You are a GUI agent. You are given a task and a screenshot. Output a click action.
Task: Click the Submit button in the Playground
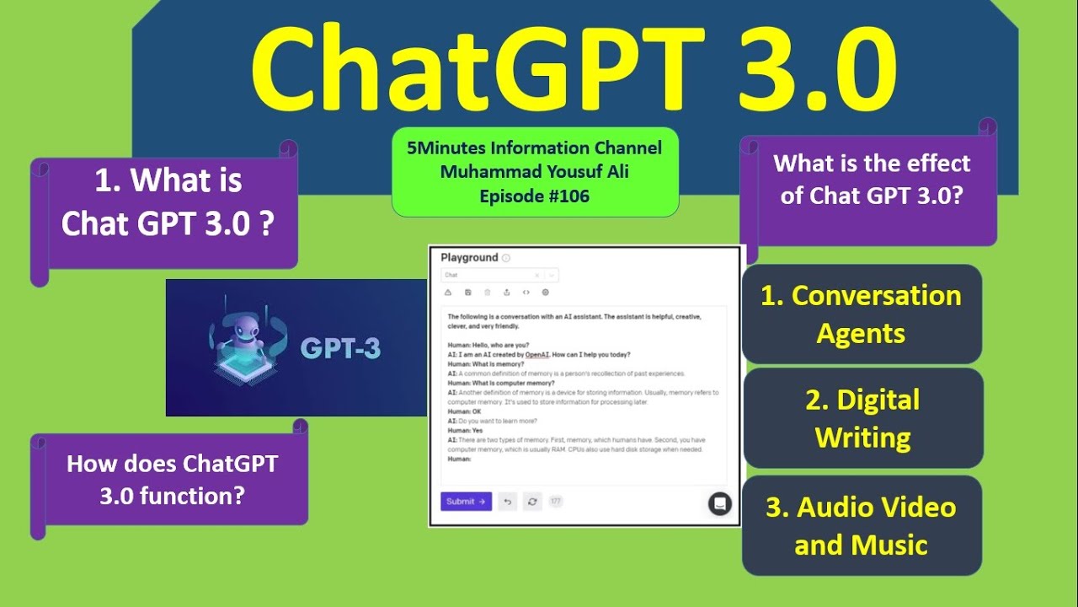tap(466, 502)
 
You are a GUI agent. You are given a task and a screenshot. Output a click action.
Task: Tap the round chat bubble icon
tap(719, 503)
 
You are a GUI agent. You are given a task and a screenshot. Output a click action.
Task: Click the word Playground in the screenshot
tap(469, 258)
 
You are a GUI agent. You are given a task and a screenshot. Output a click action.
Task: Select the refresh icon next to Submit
tap(532, 502)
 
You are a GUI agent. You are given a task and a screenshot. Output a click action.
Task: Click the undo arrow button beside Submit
tap(507, 502)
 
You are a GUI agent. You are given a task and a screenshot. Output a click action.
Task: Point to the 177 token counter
tap(555, 502)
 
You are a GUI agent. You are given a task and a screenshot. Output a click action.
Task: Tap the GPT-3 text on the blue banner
tap(340, 348)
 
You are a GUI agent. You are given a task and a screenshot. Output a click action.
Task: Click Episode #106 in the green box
tap(534, 197)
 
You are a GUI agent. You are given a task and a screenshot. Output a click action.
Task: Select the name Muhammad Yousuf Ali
tap(534, 173)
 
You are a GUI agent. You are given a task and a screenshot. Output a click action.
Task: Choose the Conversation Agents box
tap(861, 314)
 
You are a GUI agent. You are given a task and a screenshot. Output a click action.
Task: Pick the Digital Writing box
tap(862, 418)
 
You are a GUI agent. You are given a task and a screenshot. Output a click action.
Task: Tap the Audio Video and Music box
tap(861, 525)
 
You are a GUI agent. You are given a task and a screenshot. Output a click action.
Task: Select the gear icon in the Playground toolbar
tap(546, 293)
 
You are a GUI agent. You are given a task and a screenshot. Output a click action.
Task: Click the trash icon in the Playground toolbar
tap(487, 293)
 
